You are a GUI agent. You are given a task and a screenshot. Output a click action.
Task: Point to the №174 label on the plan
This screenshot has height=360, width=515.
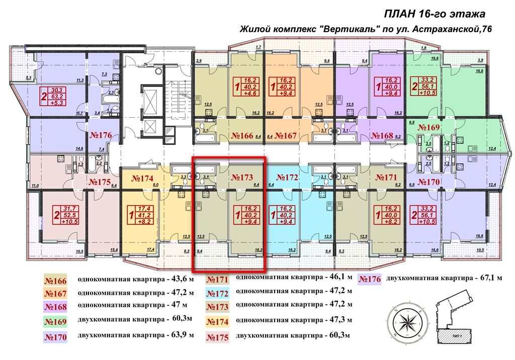tap(143, 178)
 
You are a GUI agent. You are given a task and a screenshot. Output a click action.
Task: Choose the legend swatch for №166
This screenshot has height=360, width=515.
tap(56, 281)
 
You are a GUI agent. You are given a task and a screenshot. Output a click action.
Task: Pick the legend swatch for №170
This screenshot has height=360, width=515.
tap(56, 337)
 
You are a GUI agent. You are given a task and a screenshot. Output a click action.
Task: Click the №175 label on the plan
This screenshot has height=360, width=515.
tap(99, 182)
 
